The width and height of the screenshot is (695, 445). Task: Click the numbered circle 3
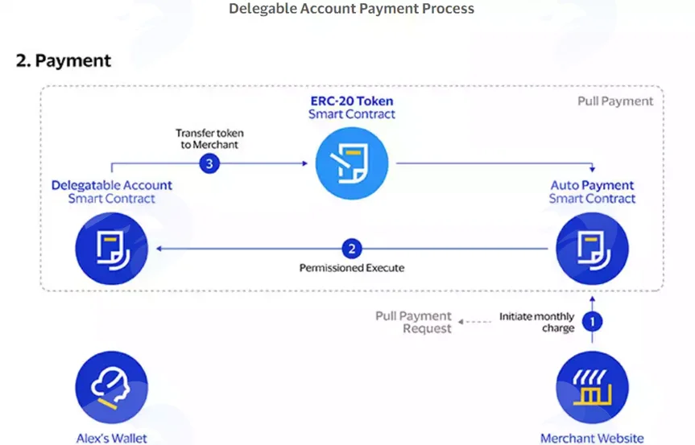tap(209, 164)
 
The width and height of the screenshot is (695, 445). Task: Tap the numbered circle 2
tap(351, 249)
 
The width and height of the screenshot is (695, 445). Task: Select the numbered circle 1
tap(592, 321)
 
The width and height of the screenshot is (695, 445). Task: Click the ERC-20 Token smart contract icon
tap(351, 163)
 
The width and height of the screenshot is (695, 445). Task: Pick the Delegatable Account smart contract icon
tap(112, 249)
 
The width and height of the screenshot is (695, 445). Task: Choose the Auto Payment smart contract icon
tap(592, 249)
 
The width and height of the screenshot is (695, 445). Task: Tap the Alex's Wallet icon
tap(112, 387)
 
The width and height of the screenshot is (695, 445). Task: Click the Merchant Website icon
tap(592, 387)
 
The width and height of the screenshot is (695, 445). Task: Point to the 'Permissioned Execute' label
tap(351, 268)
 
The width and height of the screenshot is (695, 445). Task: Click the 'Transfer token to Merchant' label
tap(209, 139)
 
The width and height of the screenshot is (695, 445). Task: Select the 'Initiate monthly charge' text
tap(537, 323)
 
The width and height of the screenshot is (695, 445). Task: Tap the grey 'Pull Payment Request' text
tap(413, 322)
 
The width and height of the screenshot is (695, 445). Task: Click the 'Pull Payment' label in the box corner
tap(615, 101)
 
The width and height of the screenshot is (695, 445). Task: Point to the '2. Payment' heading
tap(64, 60)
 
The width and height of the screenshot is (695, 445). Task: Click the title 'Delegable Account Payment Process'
tap(351, 8)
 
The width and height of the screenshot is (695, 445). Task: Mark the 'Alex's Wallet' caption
tap(112, 438)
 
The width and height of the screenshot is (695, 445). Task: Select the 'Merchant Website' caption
tap(592, 438)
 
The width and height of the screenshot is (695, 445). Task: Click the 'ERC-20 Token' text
tap(351, 101)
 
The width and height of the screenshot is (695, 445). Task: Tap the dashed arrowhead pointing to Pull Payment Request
tap(461, 322)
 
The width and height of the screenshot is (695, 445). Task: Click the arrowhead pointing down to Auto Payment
tap(592, 169)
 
